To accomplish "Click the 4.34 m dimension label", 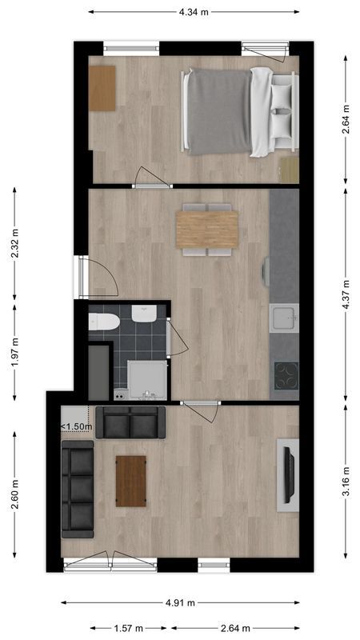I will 194,12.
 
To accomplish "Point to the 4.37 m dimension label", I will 346,294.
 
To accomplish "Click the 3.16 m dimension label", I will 346,482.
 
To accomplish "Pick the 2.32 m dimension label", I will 14,242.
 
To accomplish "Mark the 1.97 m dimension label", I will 14,350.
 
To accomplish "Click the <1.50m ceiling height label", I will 77,426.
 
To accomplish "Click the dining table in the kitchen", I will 207,229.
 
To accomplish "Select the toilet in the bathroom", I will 105,322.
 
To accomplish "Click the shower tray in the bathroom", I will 148,380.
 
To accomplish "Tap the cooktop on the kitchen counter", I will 286,374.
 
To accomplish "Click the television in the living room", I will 286,474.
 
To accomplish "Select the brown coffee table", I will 131,481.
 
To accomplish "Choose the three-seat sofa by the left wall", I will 78,491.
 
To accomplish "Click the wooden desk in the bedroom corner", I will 102,88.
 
